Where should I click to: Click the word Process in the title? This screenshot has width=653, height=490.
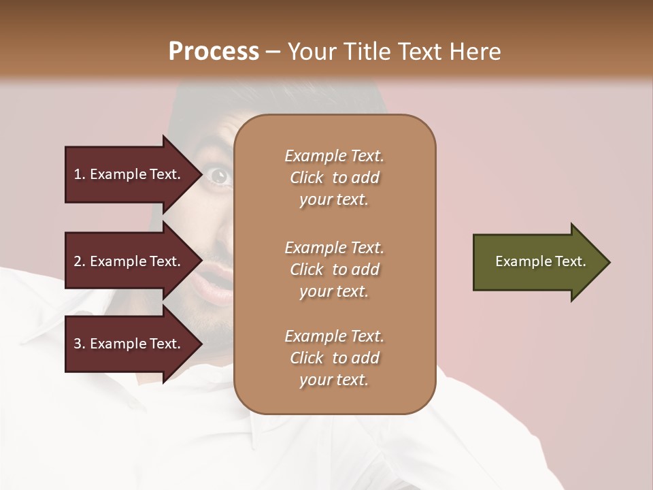tap(214, 51)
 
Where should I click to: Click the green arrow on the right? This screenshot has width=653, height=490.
tap(537, 262)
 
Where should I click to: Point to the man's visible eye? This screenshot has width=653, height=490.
tap(219, 176)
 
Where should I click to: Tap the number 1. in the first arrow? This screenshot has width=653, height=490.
tap(79, 174)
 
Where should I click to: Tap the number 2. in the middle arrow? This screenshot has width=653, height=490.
tap(79, 261)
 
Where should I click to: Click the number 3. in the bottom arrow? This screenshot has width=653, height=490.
tap(79, 344)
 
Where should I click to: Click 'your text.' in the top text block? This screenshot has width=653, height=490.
tap(334, 199)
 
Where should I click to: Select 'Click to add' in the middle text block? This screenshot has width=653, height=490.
tap(334, 269)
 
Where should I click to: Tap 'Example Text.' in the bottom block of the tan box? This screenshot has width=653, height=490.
tap(334, 336)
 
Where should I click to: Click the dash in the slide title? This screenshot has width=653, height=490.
tap(273, 52)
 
